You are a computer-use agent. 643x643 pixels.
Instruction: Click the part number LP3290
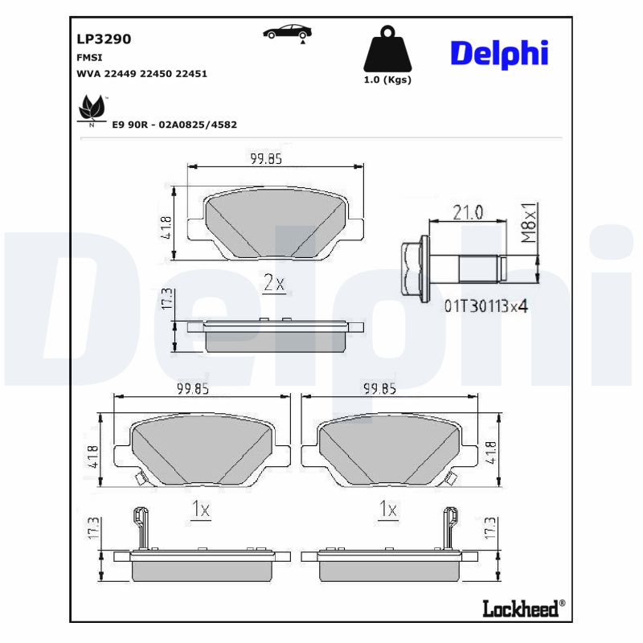[104, 38]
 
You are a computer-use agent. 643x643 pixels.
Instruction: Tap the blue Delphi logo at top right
[499, 53]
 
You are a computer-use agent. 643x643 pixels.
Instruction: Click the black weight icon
[387, 51]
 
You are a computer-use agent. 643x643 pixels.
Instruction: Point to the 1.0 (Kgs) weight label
[387, 80]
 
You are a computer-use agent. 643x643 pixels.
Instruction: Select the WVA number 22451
[192, 73]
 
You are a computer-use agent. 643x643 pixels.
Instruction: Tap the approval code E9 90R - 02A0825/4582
[174, 125]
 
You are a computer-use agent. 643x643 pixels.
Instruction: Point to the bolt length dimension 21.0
[467, 212]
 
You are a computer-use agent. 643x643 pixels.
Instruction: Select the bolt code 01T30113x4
[485, 305]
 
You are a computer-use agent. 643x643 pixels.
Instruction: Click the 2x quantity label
[274, 283]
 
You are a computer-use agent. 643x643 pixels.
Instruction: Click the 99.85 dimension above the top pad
[265, 158]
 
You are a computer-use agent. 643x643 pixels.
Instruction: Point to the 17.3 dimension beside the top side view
[167, 299]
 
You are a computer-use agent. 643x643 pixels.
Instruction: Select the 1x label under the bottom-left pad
[200, 509]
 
